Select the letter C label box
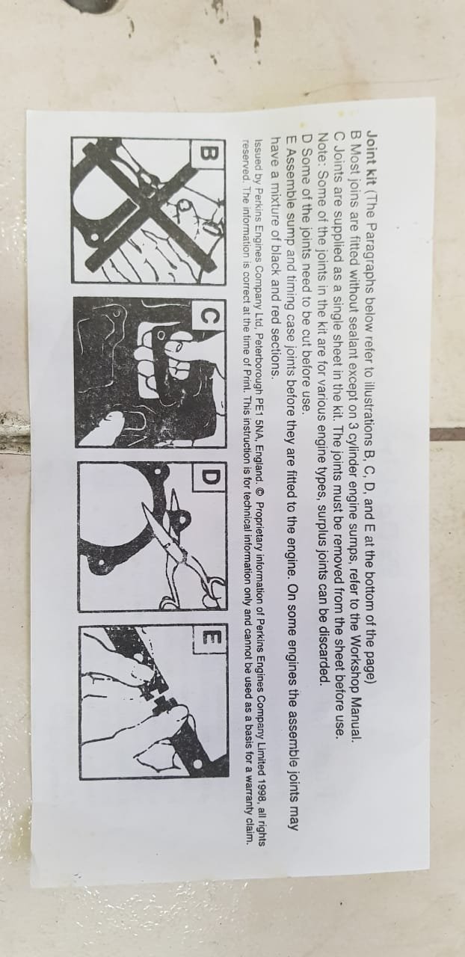click(210, 316)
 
